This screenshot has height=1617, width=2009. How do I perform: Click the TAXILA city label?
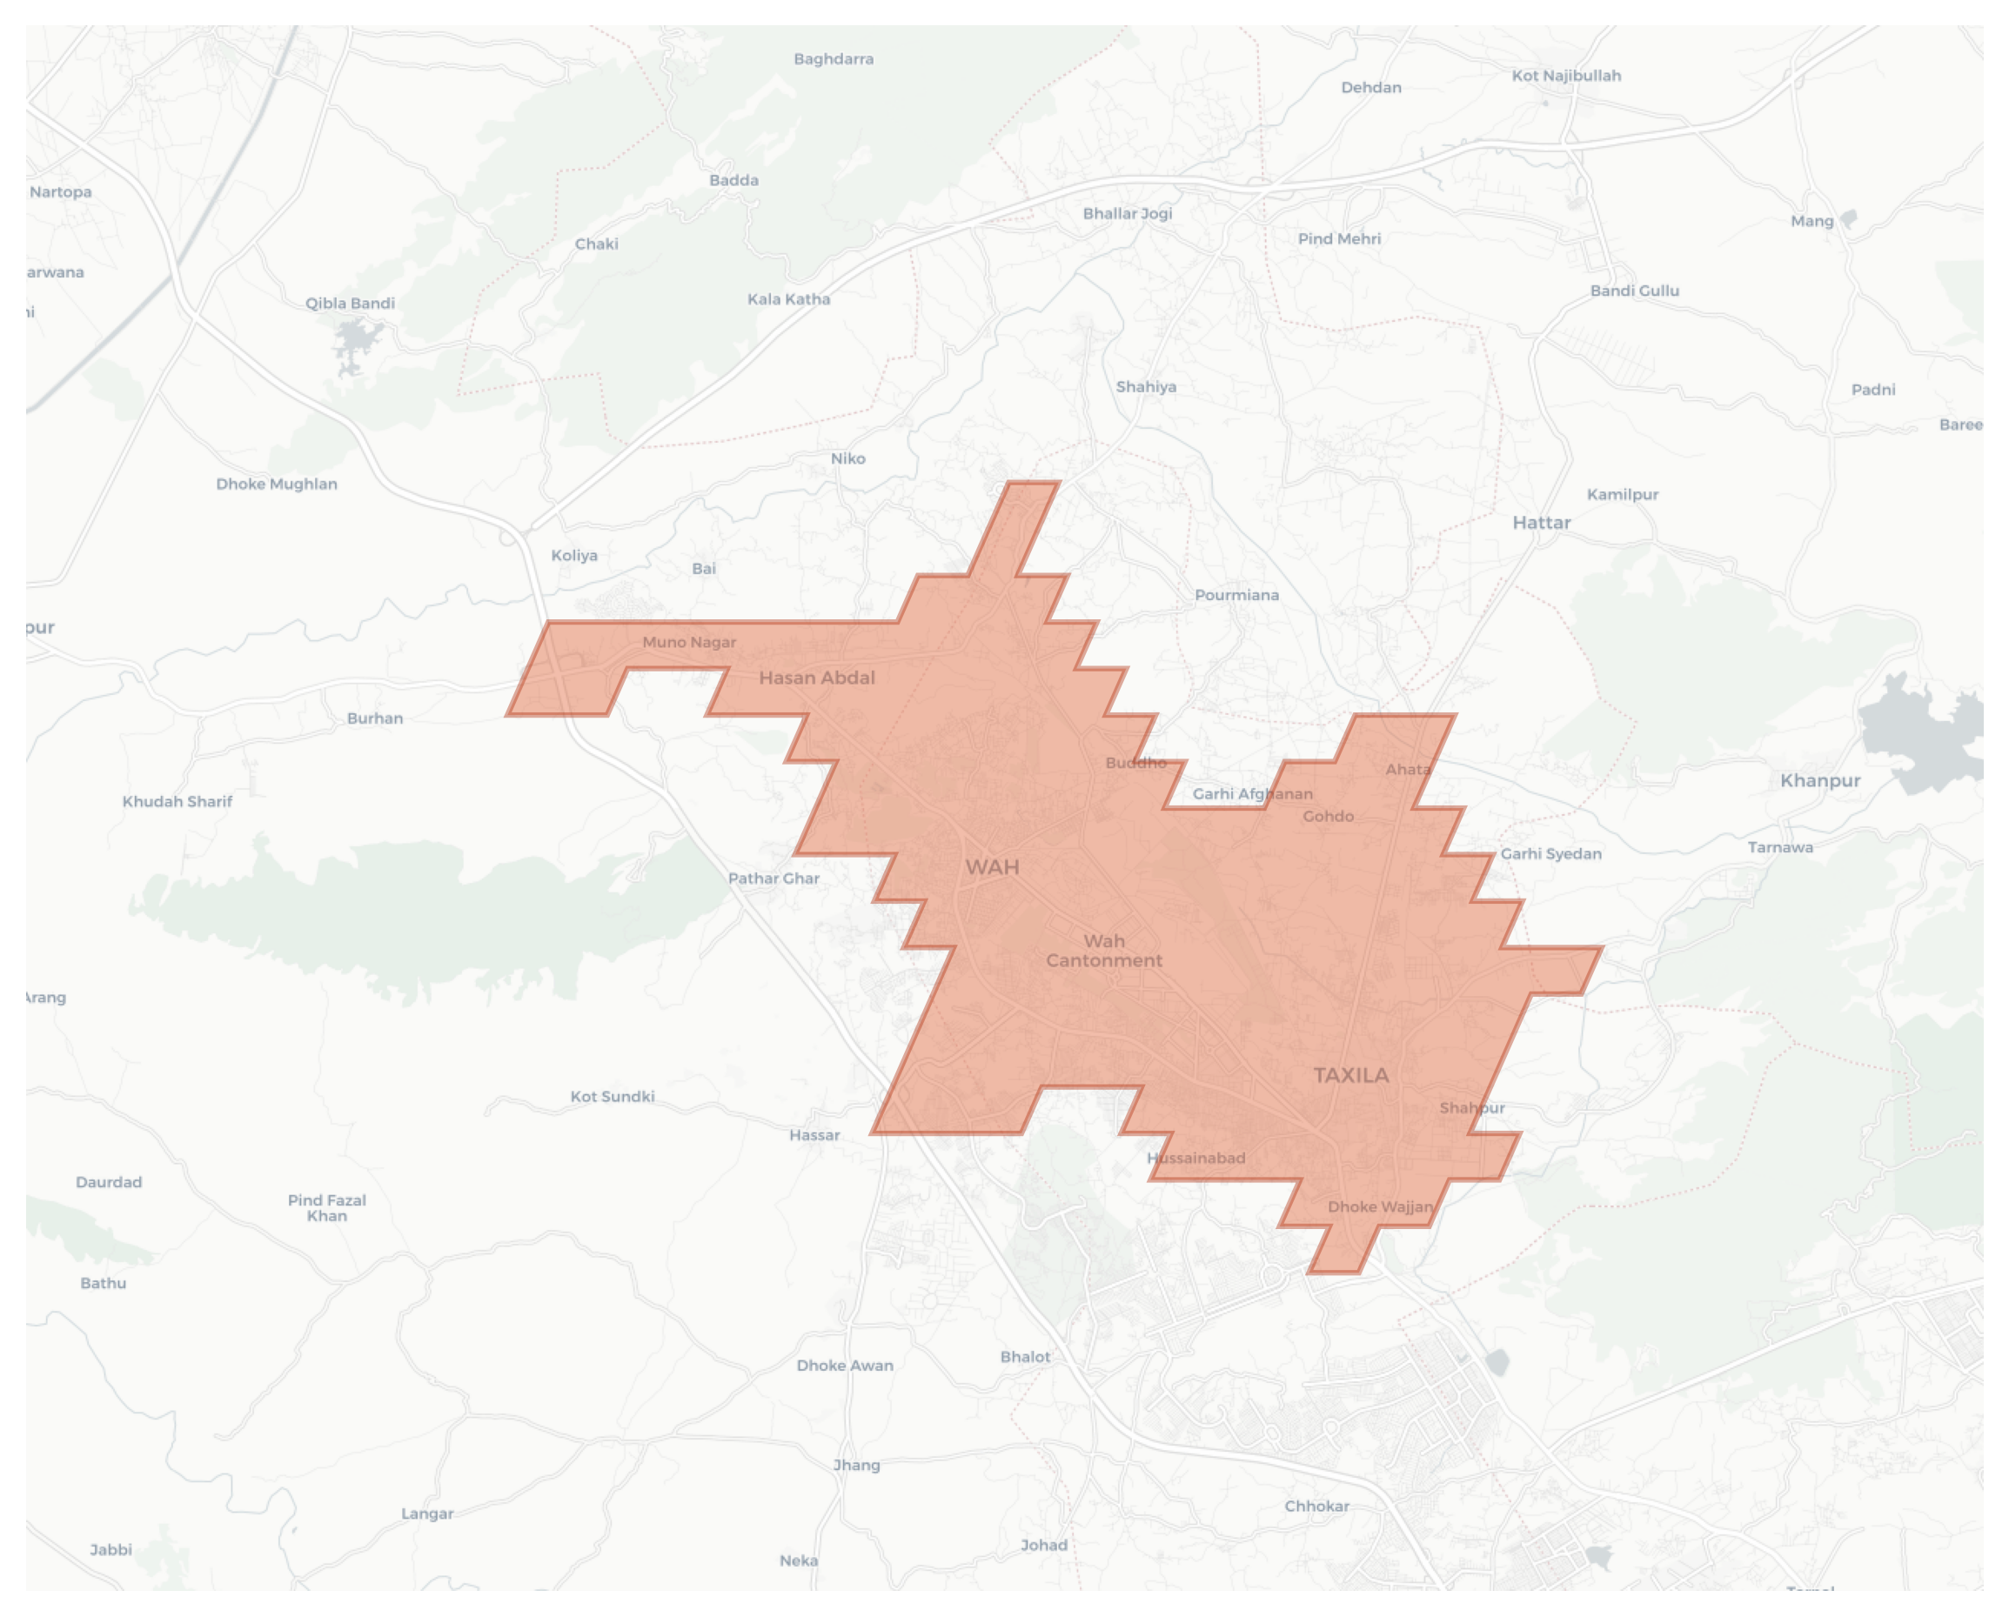pos(1350,1075)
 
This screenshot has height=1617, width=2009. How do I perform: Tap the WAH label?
pos(992,867)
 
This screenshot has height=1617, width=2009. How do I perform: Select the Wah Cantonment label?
pos(1104,951)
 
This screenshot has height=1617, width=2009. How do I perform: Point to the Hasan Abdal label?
pos(816,678)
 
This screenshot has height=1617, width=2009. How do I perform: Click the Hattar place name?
pos(1540,523)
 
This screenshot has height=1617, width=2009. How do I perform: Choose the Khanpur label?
pos(1819,780)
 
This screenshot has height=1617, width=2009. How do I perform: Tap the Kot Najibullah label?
pos(1565,76)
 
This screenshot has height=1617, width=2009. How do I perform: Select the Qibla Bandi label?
pos(350,303)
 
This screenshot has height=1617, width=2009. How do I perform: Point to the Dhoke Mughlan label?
pos(276,484)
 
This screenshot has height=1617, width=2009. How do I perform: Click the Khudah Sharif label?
pos(177,801)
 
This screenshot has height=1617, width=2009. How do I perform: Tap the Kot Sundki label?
pos(613,1096)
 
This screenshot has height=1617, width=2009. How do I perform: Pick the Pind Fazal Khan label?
pos(326,1207)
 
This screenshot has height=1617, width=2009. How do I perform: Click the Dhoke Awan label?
pos(844,1366)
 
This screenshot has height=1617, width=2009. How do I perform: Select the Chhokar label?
pos(1316,1507)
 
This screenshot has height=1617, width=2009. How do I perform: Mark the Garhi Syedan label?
pos(1550,853)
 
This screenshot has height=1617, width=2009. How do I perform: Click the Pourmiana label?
pos(1236,594)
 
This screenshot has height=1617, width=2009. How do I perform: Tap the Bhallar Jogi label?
pos(1127,213)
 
